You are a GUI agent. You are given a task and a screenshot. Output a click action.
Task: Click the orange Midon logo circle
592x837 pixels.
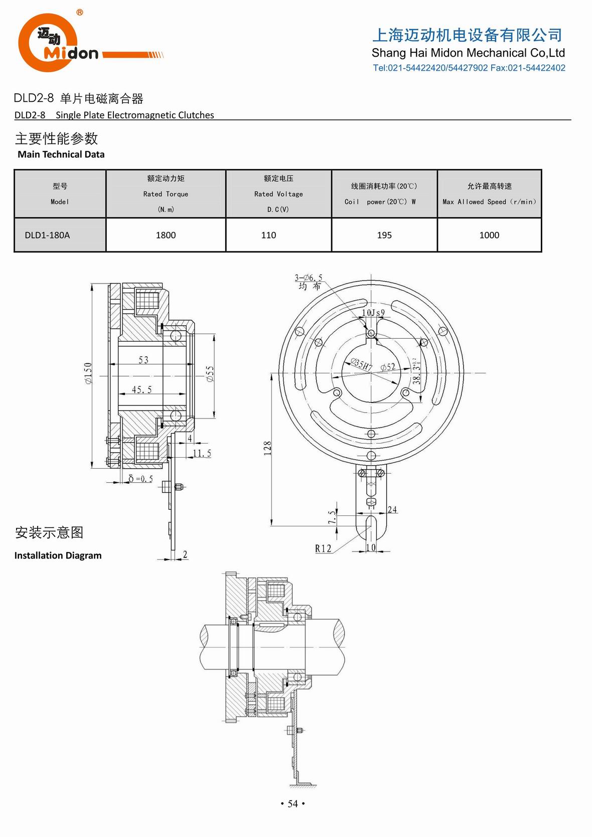click(x=48, y=43)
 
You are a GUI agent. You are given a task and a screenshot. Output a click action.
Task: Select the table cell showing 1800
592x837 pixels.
click(x=166, y=235)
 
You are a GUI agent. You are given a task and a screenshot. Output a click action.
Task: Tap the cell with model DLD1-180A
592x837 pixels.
click(x=47, y=235)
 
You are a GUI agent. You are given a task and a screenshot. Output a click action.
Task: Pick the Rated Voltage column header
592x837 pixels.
click(x=278, y=194)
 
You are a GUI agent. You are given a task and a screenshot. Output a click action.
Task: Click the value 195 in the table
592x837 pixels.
click(x=384, y=235)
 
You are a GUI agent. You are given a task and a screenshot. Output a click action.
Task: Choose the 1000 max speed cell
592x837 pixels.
click(x=489, y=235)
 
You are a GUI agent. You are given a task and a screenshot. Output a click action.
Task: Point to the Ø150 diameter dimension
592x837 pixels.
click(x=88, y=373)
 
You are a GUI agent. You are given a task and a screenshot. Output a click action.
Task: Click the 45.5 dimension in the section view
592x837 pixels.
click(x=142, y=389)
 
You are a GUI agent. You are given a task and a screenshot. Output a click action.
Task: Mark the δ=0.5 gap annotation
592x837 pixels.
click(x=141, y=479)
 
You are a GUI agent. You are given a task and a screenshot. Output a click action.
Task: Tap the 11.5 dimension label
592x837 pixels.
click(x=202, y=453)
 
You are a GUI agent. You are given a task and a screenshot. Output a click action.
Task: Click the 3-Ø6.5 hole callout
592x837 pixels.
click(x=308, y=278)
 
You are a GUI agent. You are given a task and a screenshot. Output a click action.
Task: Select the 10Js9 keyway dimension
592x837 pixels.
click(x=373, y=313)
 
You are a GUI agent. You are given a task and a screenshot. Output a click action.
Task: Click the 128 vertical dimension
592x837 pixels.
click(x=267, y=448)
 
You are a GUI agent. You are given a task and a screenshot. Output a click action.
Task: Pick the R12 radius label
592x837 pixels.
click(x=323, y=548)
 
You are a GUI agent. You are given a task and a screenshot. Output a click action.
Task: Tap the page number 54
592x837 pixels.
click(x=292, y=804)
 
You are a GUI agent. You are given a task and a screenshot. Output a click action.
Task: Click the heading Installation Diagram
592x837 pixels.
click(x=58, y=555)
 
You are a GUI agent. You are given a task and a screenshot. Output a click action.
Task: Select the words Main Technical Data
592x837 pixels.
click(x=61, y=155)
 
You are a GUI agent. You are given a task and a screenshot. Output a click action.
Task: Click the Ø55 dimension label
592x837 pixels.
click(x=210, y=374)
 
